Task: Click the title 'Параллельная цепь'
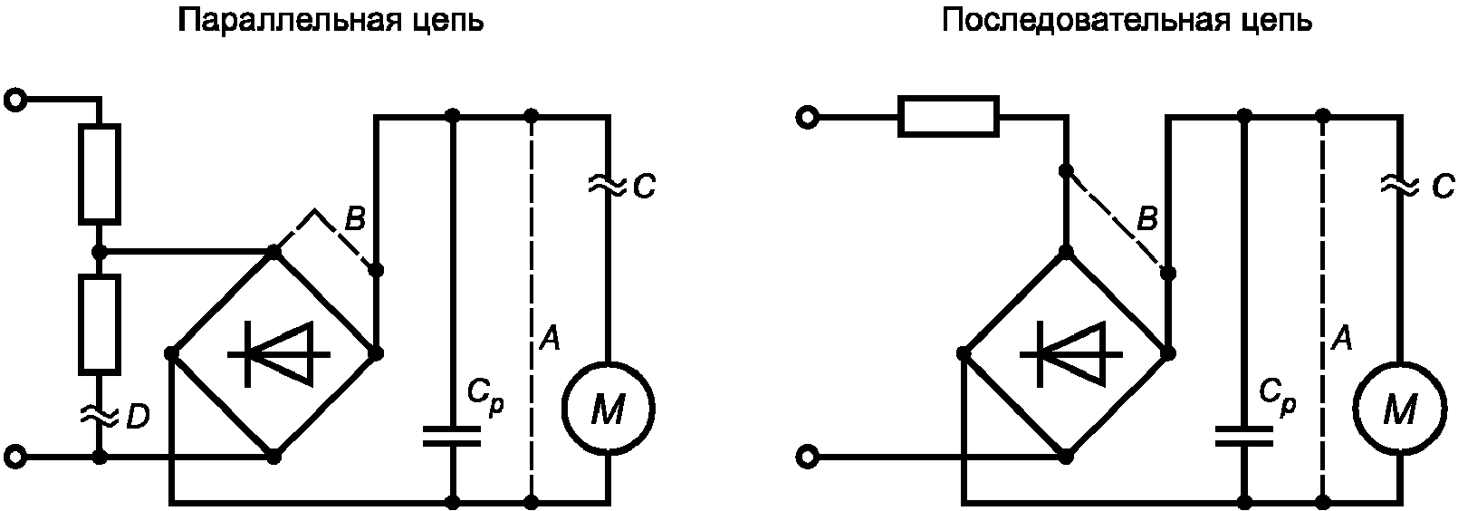331,22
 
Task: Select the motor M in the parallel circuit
608,409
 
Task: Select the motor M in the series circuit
1400,409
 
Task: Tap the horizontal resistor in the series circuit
948,117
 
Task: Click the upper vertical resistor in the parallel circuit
99,174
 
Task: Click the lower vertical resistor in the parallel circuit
99,324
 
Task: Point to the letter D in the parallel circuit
138,417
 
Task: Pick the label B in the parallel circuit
355,220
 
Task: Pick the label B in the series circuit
1147,220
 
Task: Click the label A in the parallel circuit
550,339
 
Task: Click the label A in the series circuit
1342,339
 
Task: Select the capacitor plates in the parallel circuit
453,436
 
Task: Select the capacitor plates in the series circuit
1244,436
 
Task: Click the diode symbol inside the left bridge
279,354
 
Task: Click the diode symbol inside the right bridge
1070,354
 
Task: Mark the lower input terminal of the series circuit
807,458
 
